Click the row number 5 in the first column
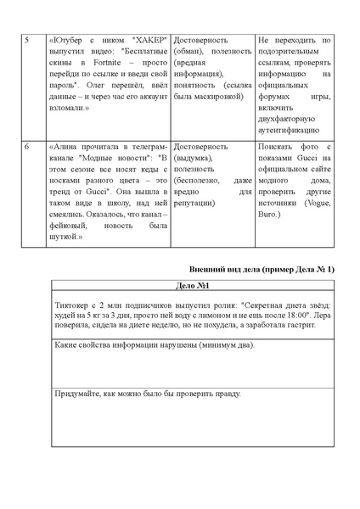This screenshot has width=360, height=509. (x=26, y=41)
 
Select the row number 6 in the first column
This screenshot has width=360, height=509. (x=26, y=147)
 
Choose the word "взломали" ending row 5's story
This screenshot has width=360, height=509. (x=67, y=109)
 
